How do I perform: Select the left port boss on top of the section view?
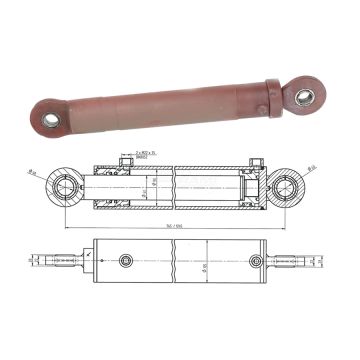(124, 160)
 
